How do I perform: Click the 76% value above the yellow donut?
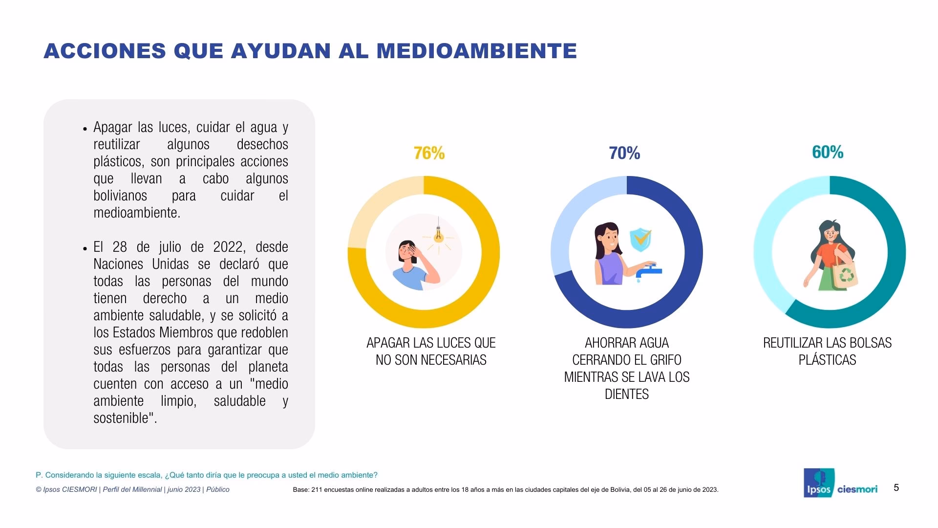429,154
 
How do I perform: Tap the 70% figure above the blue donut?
624,154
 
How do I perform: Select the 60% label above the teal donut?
828,153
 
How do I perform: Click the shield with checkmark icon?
640,239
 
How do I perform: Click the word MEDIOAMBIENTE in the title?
477,51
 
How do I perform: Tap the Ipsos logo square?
818,483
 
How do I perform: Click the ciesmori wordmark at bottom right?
857,489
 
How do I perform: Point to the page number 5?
896,487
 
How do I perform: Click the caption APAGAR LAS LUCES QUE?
431,343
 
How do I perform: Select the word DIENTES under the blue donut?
626,394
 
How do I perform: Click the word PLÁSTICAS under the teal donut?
827,360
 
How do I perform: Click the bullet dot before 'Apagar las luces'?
85,129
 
